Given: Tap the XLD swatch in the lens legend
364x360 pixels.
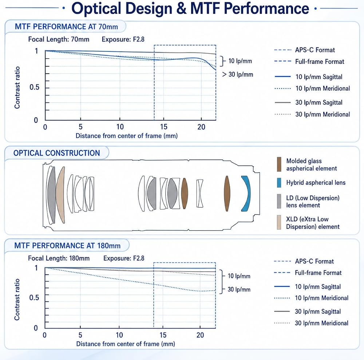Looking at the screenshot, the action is [x=279, y=222].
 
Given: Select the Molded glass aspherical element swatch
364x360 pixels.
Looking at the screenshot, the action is [x=279, y=164].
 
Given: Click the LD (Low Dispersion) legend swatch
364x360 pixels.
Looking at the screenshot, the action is [x=279, y=201].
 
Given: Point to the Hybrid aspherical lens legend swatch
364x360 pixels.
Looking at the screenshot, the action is [x=279, y=183].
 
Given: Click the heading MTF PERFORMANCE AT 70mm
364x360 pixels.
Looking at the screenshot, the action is [x=66, y=27].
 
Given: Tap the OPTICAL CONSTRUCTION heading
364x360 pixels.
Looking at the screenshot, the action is [x=57, y=153].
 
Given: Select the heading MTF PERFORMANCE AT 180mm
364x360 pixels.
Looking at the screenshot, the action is [x=67, y=246].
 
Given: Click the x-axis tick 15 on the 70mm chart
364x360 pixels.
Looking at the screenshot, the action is [x=164, y=127].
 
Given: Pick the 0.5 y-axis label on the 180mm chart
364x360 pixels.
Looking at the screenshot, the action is [x=34, y=297].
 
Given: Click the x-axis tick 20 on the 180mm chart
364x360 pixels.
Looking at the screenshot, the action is [x=200, y=335].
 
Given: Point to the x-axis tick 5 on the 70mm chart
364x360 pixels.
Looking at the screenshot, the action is [x=80, y=127].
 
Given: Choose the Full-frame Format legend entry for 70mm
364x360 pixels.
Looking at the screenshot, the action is [x=309, y=62].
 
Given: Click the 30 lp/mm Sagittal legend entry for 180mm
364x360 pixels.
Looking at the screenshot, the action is [x=308, y=312].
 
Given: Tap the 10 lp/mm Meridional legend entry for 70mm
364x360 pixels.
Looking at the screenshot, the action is [x=312, y=88].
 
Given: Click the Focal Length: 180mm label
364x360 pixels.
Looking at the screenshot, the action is [x=59, y=258].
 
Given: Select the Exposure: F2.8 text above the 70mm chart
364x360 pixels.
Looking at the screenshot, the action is [x=123, y=39].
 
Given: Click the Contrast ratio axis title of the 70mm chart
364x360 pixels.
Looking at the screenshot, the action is [x=17, y=87].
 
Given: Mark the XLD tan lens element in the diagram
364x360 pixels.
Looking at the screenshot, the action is [x=60, y=195].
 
